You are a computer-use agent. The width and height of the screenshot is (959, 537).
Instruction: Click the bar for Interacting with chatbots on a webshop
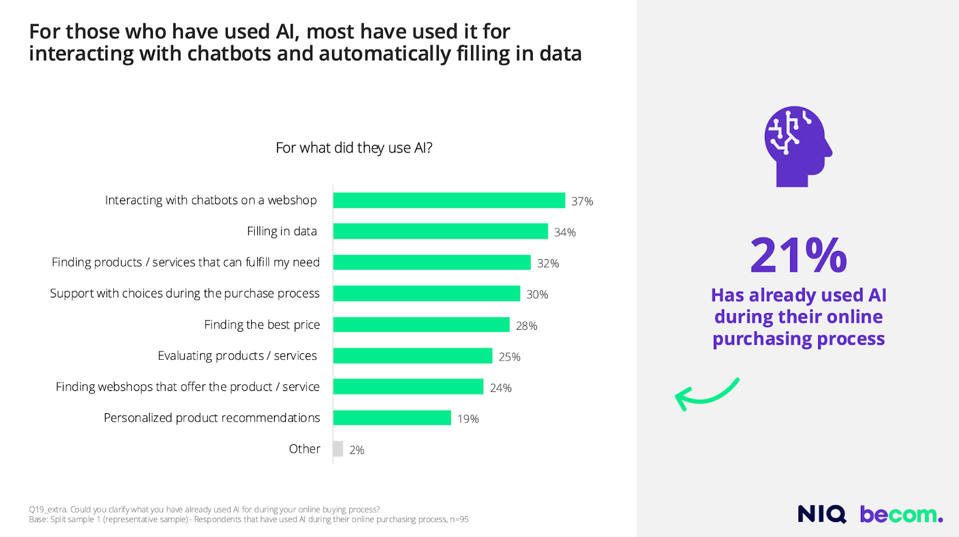click(449, 201)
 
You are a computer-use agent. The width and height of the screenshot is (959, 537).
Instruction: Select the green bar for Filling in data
click(441, 231)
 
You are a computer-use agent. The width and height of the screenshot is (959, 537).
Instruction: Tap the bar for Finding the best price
click(421, 324)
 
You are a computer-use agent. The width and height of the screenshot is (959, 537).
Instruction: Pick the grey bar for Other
click(338, 449)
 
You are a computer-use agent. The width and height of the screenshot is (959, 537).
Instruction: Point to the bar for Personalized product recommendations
click(392, 418)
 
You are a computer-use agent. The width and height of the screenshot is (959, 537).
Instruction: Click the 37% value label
click(582, 202)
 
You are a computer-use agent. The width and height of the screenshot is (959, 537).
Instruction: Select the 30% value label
click(537, 295)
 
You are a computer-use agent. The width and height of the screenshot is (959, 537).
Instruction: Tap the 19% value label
click(468, 419)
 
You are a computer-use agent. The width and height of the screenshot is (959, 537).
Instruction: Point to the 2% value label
click(357, 450)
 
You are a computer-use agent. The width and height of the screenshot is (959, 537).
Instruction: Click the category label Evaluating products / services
click(237, 356)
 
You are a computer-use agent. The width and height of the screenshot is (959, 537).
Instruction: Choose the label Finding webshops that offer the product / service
click(188, 387)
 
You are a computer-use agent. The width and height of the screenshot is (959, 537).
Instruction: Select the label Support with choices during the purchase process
click(185, 293)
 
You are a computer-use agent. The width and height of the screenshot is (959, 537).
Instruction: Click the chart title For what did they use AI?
click(354, 148)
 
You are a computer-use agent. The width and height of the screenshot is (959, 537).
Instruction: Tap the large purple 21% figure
click(798, 256)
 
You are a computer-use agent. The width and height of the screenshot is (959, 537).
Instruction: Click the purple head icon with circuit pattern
click(797, 146)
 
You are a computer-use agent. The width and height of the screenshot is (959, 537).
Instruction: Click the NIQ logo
click(822, 514)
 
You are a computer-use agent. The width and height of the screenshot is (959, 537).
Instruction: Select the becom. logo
click(901, 514)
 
